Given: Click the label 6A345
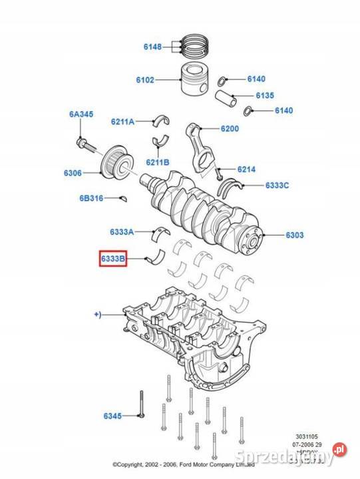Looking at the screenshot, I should pos(81,114).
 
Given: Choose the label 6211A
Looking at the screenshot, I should pos(122,122).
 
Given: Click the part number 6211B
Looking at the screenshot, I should pos(158,162).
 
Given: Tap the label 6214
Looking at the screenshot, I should pos(246,170).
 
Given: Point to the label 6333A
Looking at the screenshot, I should pos(122,232).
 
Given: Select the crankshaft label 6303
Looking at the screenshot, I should pos(295,235).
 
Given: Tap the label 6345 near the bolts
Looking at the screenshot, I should pos(112,416).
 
